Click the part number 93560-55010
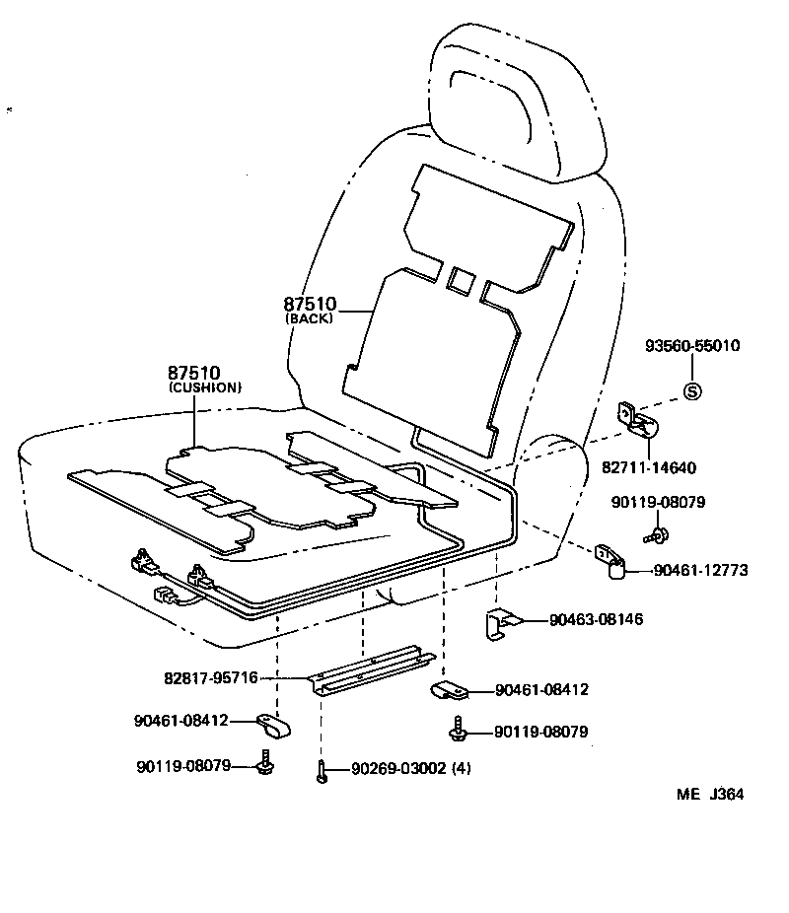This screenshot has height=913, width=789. click(x=691, y=346)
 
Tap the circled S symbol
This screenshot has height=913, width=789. click(x=691, y=391)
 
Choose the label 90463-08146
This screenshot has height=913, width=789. click(x=597, y=620)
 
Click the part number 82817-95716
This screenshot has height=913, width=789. click(x=211, y=678)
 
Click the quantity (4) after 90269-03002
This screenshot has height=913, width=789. click(x=461, y=769)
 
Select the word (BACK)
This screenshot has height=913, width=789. click(x=310, y=318)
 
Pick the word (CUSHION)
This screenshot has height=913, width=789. click(x=204, y=387)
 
